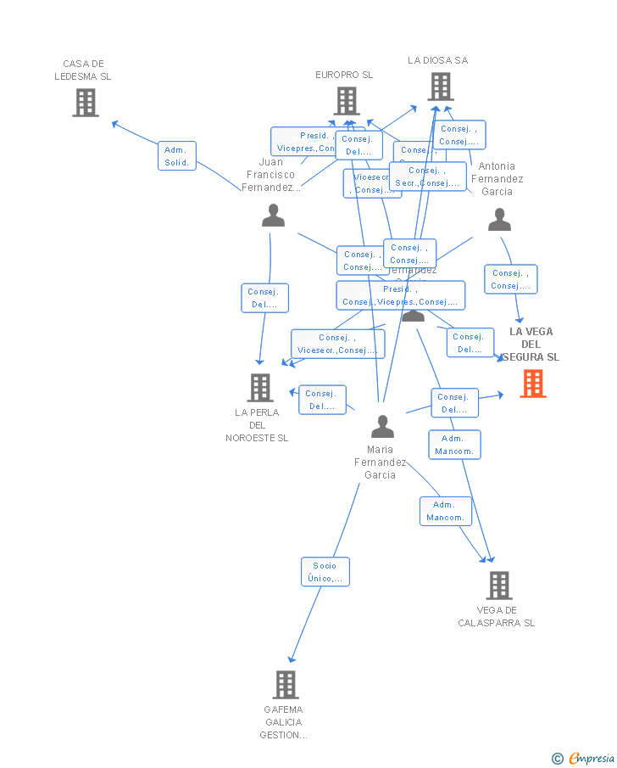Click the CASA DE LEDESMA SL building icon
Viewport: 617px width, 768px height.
[86, 103]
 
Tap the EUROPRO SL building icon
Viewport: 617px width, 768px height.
[346, 101]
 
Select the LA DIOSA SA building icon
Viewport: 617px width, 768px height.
[440, 87]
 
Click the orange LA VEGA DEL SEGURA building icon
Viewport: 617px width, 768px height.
[533, 384]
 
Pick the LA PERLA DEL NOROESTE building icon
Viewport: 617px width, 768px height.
[259, 388]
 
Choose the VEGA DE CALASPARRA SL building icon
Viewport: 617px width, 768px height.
[498, 585]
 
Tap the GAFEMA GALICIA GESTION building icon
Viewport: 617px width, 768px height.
[286, 684]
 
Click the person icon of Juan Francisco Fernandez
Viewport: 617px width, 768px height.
[273, 216]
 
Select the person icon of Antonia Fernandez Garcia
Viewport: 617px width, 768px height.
[499, 221]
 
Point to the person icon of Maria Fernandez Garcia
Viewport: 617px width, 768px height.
[382, 426]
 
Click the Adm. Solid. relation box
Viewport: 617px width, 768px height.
[176, 156]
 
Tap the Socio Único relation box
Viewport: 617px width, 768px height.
[325, 572]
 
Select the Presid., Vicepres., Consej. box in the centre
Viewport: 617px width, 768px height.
[401, 295]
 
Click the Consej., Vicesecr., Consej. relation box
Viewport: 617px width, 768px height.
[337, 344]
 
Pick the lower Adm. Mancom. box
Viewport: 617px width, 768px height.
[445, 511]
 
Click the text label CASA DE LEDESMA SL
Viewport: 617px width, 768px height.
[82, 70]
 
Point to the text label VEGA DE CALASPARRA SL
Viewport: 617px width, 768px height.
[497, 616]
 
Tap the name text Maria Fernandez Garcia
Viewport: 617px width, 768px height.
[380, 462]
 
